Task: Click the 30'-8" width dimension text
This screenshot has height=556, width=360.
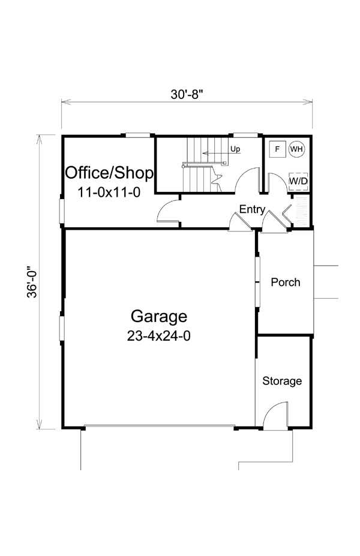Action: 187,94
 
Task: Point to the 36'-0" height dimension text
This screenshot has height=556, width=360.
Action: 32,282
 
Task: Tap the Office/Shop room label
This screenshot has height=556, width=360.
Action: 109,173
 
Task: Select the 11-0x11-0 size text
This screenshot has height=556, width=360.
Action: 109,193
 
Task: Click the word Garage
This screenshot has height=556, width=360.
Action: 159,316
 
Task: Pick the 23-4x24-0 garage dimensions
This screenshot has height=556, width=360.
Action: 159,336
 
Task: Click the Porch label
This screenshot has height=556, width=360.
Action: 286,282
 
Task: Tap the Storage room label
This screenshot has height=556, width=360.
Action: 283,381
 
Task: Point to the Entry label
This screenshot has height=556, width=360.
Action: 252,209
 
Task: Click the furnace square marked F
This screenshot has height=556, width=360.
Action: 277,149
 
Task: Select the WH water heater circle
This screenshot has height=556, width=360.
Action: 296,149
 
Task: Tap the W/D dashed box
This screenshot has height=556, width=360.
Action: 298,181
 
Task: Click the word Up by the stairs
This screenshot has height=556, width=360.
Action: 236,149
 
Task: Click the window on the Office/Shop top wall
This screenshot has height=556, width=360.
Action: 138,135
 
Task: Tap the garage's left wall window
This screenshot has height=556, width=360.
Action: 62,328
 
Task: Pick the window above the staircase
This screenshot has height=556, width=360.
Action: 245,135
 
